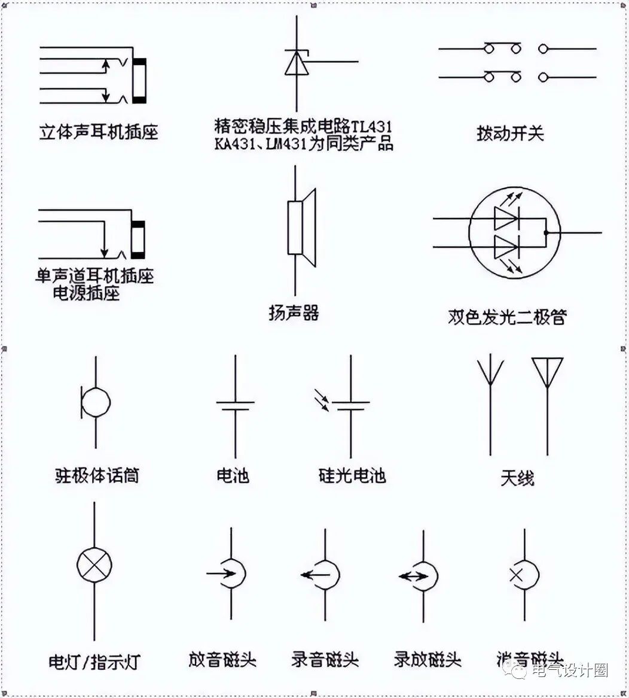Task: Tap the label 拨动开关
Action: [510, 133]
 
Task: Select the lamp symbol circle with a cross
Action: [94, 564]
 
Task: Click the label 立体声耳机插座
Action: [99, 132]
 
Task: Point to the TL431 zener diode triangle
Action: [297, 63]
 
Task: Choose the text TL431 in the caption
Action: [371, 127]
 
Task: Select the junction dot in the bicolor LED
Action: [545, 232]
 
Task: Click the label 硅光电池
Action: [352, 476]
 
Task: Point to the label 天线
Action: [517, 478]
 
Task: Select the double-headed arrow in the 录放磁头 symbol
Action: [413, 576]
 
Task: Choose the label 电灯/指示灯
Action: [94, 663]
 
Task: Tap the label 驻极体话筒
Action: [96, 476]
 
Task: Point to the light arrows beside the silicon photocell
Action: [323, 400]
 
